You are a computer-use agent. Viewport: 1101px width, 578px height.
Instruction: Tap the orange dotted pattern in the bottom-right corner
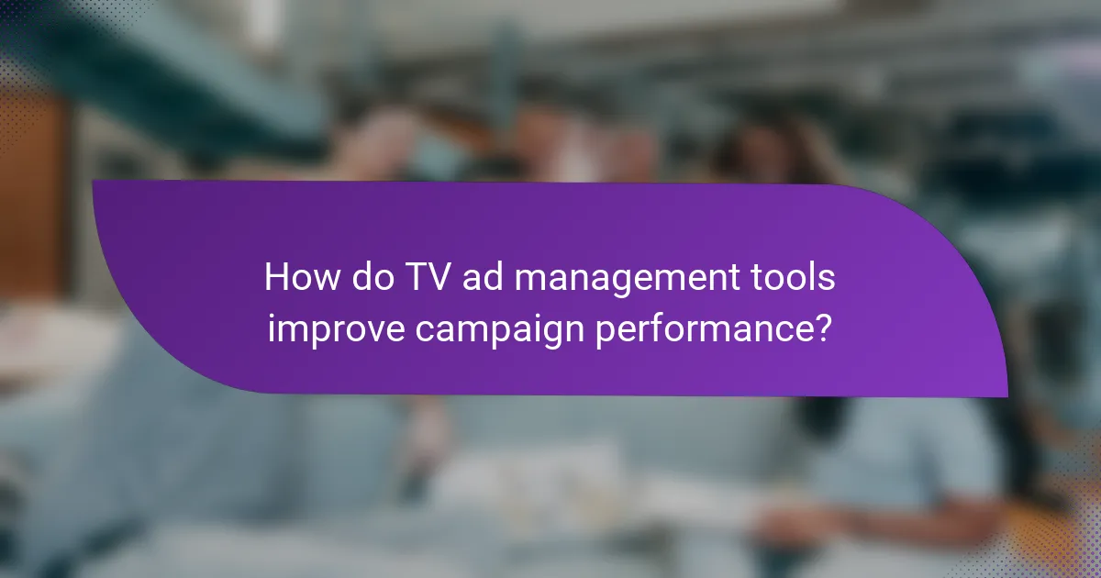1073,541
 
